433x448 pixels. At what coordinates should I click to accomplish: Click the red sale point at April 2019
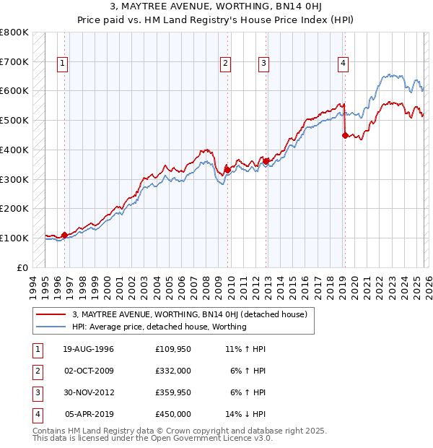(345, 135)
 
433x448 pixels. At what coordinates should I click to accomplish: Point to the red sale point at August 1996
(65, 235)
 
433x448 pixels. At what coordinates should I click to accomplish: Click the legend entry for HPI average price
(159, 327)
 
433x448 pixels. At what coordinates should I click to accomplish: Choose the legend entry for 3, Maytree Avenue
(190, 314)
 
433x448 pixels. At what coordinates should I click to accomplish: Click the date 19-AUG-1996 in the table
(89, 349)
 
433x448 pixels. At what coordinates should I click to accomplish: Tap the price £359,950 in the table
(173, 392)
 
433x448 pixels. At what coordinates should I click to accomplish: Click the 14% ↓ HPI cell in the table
(245, 414)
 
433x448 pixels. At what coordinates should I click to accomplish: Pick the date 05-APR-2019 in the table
(89, 414)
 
